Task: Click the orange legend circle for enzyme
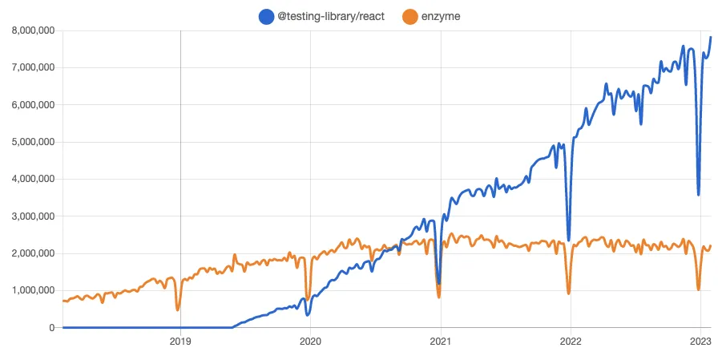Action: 409,16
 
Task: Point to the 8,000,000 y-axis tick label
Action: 29,30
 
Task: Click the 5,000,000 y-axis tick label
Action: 29,142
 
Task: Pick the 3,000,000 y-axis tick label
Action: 29,216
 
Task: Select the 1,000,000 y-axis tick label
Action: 29,290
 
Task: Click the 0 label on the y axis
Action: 51,328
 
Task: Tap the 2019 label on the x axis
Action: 180,341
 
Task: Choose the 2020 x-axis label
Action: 310,341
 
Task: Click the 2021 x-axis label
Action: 440,341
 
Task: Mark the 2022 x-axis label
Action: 570,341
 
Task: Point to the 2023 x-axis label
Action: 700,341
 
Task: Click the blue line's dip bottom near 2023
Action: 699,194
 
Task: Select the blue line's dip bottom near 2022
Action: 569,240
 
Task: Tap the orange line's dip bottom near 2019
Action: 178,309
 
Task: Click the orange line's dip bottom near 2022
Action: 569,293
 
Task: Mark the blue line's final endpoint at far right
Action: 711,38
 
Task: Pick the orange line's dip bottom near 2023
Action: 699,289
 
